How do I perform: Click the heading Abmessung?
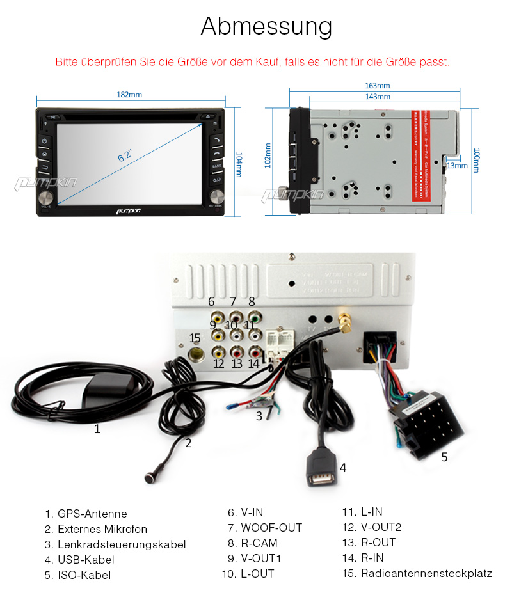pyautogui.click(x=266, y=27)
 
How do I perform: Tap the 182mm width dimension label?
pyautogui.click(x=129, y=95)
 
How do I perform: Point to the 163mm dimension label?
pyautogui.click(x=377, y=86)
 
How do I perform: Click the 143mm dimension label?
pyautogui.click(x=377, y=97)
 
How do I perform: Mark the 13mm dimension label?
pyautogui.click(x=457, y=165)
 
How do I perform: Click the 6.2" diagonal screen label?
pyautogui.click(x=125, y=155)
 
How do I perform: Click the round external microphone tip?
pyautogui.click(x=148, y=477)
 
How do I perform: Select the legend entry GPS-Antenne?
pyautogui.click(x=92, y=514)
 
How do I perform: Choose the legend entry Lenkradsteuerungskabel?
pyautogui.click(x=122, y=544)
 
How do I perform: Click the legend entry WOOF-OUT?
pyautogui.click(x=271, y=528)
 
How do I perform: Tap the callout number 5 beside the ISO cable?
pyautogui.click(x=444, y=457)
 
